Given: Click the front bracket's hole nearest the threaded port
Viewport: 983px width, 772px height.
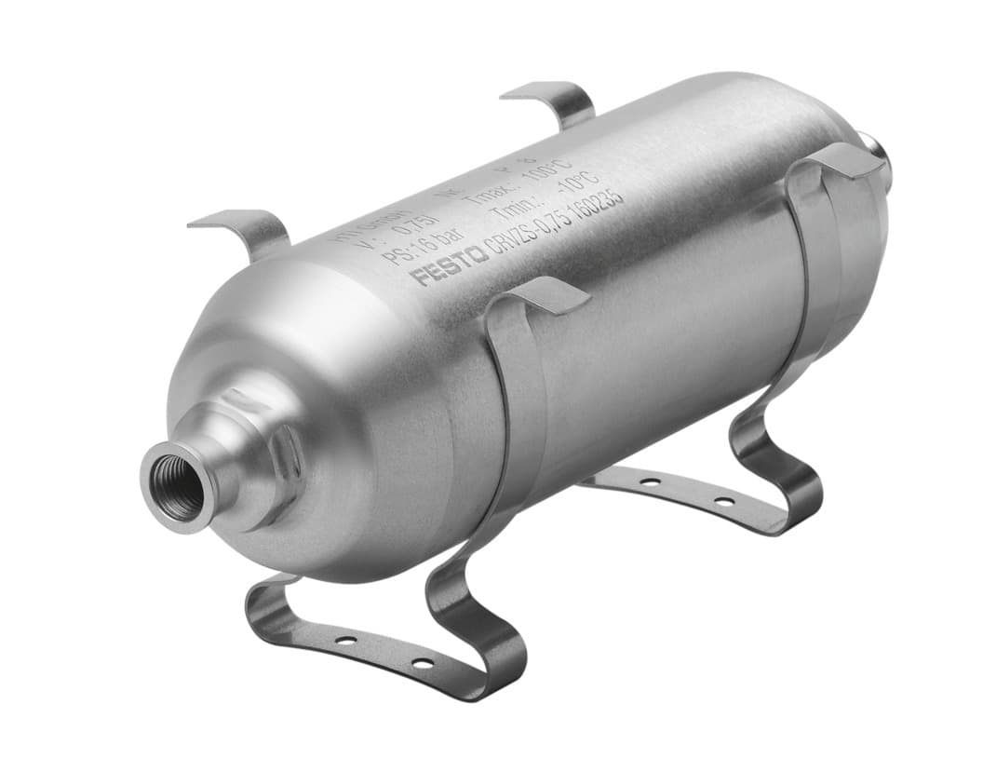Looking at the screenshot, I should tap(345, 641).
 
